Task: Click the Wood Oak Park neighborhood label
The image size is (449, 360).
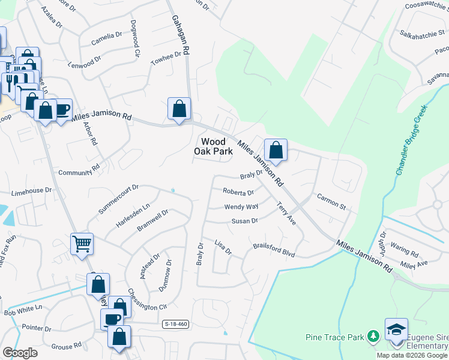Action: pyautogui.click(x=213, y=146)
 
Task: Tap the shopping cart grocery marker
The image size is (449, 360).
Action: pyautogui.click(x=82, y=244)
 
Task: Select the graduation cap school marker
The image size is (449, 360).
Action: pyautogui.click(x=396, y=329)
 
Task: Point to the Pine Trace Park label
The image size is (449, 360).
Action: pyautogui.click(x=335, y=338)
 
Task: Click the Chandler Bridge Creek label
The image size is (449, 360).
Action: pyautogui.click(x=411, y=140)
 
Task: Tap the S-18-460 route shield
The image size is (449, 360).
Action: pyautogui.click(x=176, y=324)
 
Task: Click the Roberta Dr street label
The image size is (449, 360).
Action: pyautogui.click(x=238, y=193)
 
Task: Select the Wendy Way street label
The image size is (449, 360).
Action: pyautogui.click(x=241, y=206)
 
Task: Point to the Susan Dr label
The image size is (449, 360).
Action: pyautogui.click(x=245, y=221)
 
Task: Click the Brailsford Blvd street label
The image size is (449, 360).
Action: pyautogui.click(x=274, y=250)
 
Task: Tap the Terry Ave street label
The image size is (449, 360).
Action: pyautogui.click(x=286, y=214)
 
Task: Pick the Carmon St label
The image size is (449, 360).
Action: pyautogui.click(x=332, y=202)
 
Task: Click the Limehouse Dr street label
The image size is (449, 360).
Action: pyautogui.click(x=31, y=191)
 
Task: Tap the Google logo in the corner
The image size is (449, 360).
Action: pyautogui.click(x=20, y=352)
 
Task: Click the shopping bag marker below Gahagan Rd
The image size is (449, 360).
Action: pyautogui.click(x=179, y=109)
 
